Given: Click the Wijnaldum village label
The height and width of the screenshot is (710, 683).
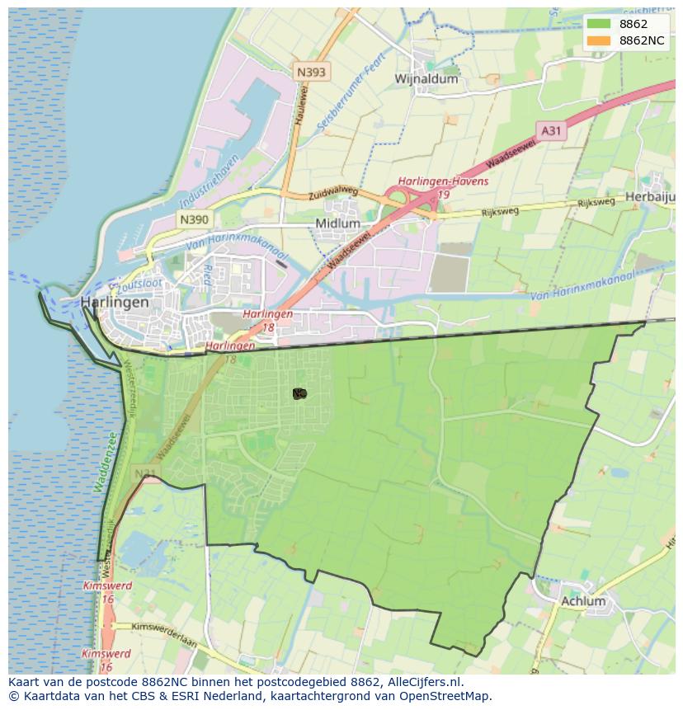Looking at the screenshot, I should (x=426, y=79).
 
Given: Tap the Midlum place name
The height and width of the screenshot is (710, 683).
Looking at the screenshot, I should (x=337, y=223).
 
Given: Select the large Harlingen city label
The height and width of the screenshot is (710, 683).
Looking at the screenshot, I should (x=115, y=303).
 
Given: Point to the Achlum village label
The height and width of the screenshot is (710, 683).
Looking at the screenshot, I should (x=582, y=601).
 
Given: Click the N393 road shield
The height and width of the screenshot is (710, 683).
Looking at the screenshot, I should (x=311, y=72).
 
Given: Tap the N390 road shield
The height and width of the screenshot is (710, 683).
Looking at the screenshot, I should (x=194, y=219).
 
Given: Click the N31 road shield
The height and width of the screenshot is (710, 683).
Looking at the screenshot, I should (x=146, y=473).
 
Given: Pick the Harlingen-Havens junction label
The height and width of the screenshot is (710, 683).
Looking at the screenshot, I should (x=443, y=181).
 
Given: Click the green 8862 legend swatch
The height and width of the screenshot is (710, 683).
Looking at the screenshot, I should (x=599, y=23).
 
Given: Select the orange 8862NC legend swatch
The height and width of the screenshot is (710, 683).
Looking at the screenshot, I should (x=599, y=40).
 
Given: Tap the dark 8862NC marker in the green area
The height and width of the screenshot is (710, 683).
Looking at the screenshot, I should (x=299, y=394).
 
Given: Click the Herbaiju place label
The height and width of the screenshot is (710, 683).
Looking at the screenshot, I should (x=651, y=197).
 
